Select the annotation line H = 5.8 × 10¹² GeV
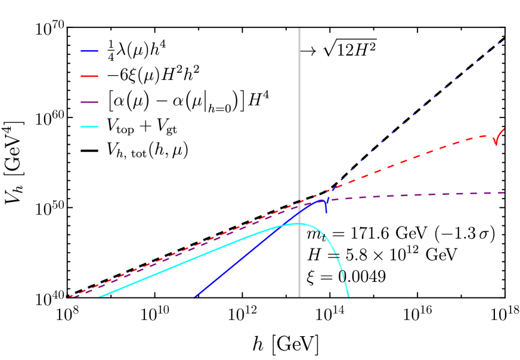382,256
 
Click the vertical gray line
299,119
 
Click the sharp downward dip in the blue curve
326,210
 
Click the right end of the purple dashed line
504,193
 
